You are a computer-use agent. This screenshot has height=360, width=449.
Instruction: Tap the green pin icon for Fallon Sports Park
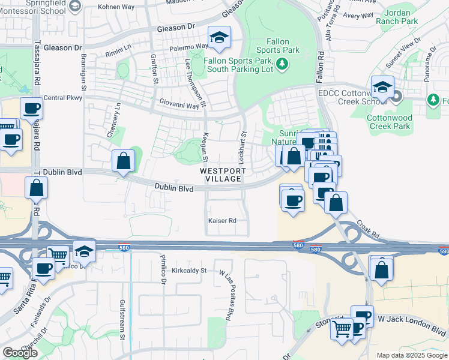(x=280, y=64)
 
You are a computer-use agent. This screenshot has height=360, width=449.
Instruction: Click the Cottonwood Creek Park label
(x=389, y=122)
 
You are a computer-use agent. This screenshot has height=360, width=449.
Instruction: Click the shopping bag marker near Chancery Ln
(x=123, y=161)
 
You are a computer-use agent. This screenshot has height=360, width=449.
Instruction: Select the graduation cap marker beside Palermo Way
(x=220, y=38)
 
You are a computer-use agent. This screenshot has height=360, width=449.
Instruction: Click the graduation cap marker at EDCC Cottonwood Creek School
(x=382, y=88)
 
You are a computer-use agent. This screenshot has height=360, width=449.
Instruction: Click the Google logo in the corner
(x=20, y=353)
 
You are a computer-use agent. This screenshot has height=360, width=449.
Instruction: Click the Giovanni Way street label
(x=178, y=106)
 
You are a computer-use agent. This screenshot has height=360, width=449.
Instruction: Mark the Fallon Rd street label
(x=321, y=62)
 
